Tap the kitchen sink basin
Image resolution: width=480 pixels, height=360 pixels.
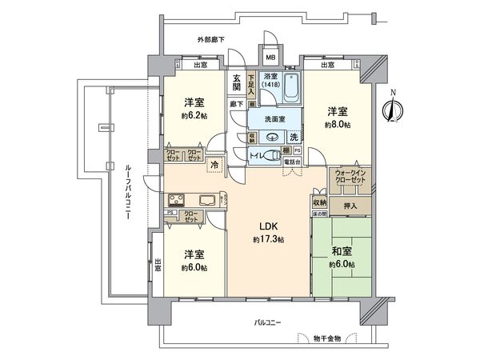pyautogui.click(x=206, y=200)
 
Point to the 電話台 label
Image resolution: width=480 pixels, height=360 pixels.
pyautogui.click(x=293, y=162)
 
